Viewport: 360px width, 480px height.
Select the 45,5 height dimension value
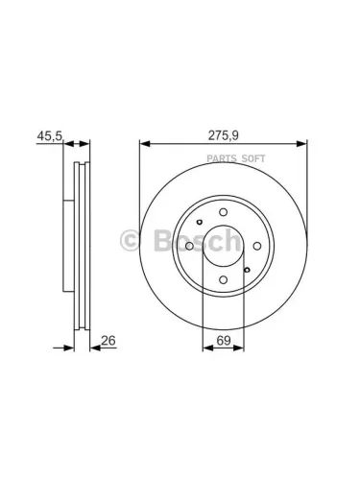click(49, 136)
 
